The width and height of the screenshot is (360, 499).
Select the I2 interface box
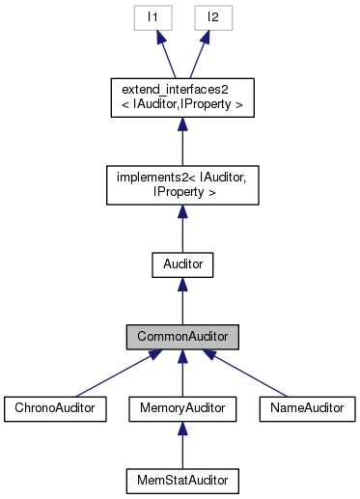(x=209, y=17)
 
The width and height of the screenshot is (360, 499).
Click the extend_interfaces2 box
(x=181, y=97)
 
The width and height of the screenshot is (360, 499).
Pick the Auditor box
(x=181, y=263)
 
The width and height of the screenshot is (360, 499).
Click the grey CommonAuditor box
(x=181, y=337)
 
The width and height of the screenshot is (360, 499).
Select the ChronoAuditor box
(x=53, y=408)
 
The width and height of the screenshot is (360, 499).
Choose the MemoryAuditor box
(x=181, y=408)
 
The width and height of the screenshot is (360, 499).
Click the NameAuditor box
(x=308, y=408)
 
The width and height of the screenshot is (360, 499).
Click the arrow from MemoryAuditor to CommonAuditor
(x=181, y=374)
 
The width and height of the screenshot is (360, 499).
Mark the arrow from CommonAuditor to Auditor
(x=181, y=301)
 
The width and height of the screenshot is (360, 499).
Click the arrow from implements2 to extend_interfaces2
(x=181, y=143)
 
